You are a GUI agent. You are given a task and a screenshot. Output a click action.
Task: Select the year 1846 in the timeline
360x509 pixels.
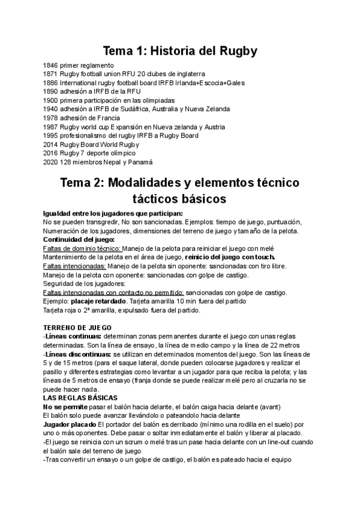[51, 65]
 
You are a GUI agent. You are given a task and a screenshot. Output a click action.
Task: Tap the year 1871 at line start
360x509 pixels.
[51, 74]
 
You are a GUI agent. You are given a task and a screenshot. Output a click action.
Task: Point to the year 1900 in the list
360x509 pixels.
[51, 100]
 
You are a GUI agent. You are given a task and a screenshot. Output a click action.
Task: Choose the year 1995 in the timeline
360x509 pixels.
[51, 135]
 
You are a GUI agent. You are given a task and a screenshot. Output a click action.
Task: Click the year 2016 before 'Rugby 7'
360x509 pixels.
[51, 153]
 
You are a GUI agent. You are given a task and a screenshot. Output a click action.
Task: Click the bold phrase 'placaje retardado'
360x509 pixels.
[99, 301]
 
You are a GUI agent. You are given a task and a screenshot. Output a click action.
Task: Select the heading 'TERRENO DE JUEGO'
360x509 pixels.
[77, 328]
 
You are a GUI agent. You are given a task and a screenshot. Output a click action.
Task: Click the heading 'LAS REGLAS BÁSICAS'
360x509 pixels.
[80, 398]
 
